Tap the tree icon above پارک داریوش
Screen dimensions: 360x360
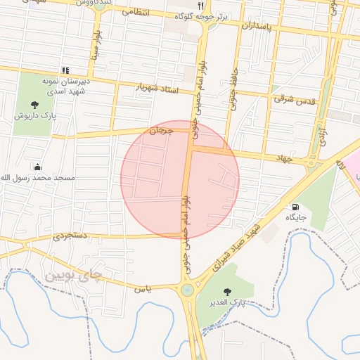(35, 105)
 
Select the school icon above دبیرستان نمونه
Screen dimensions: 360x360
(65, 70)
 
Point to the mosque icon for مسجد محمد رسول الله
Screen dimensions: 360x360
(37, 167)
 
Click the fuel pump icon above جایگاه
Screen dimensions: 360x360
(295, 207)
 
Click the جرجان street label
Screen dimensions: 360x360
(161, 131)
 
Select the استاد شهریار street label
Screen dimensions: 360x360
(157, 89)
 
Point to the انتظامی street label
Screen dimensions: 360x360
(134, 13)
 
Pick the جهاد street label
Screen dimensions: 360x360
(283, 158)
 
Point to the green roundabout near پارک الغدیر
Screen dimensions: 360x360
(187, 290)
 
